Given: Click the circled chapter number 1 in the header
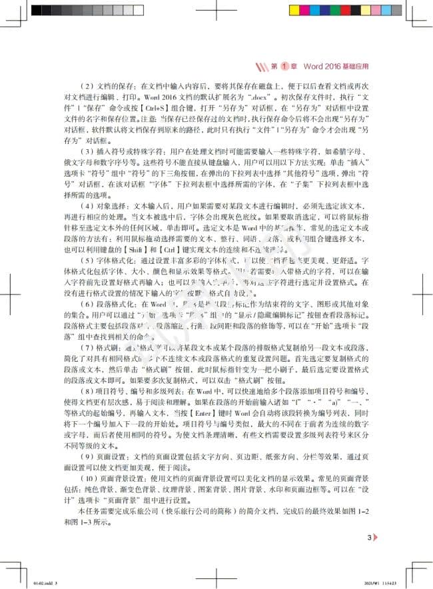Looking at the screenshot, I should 283,67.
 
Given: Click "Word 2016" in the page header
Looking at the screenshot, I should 320,67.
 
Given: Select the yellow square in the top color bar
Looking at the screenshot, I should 294,11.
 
